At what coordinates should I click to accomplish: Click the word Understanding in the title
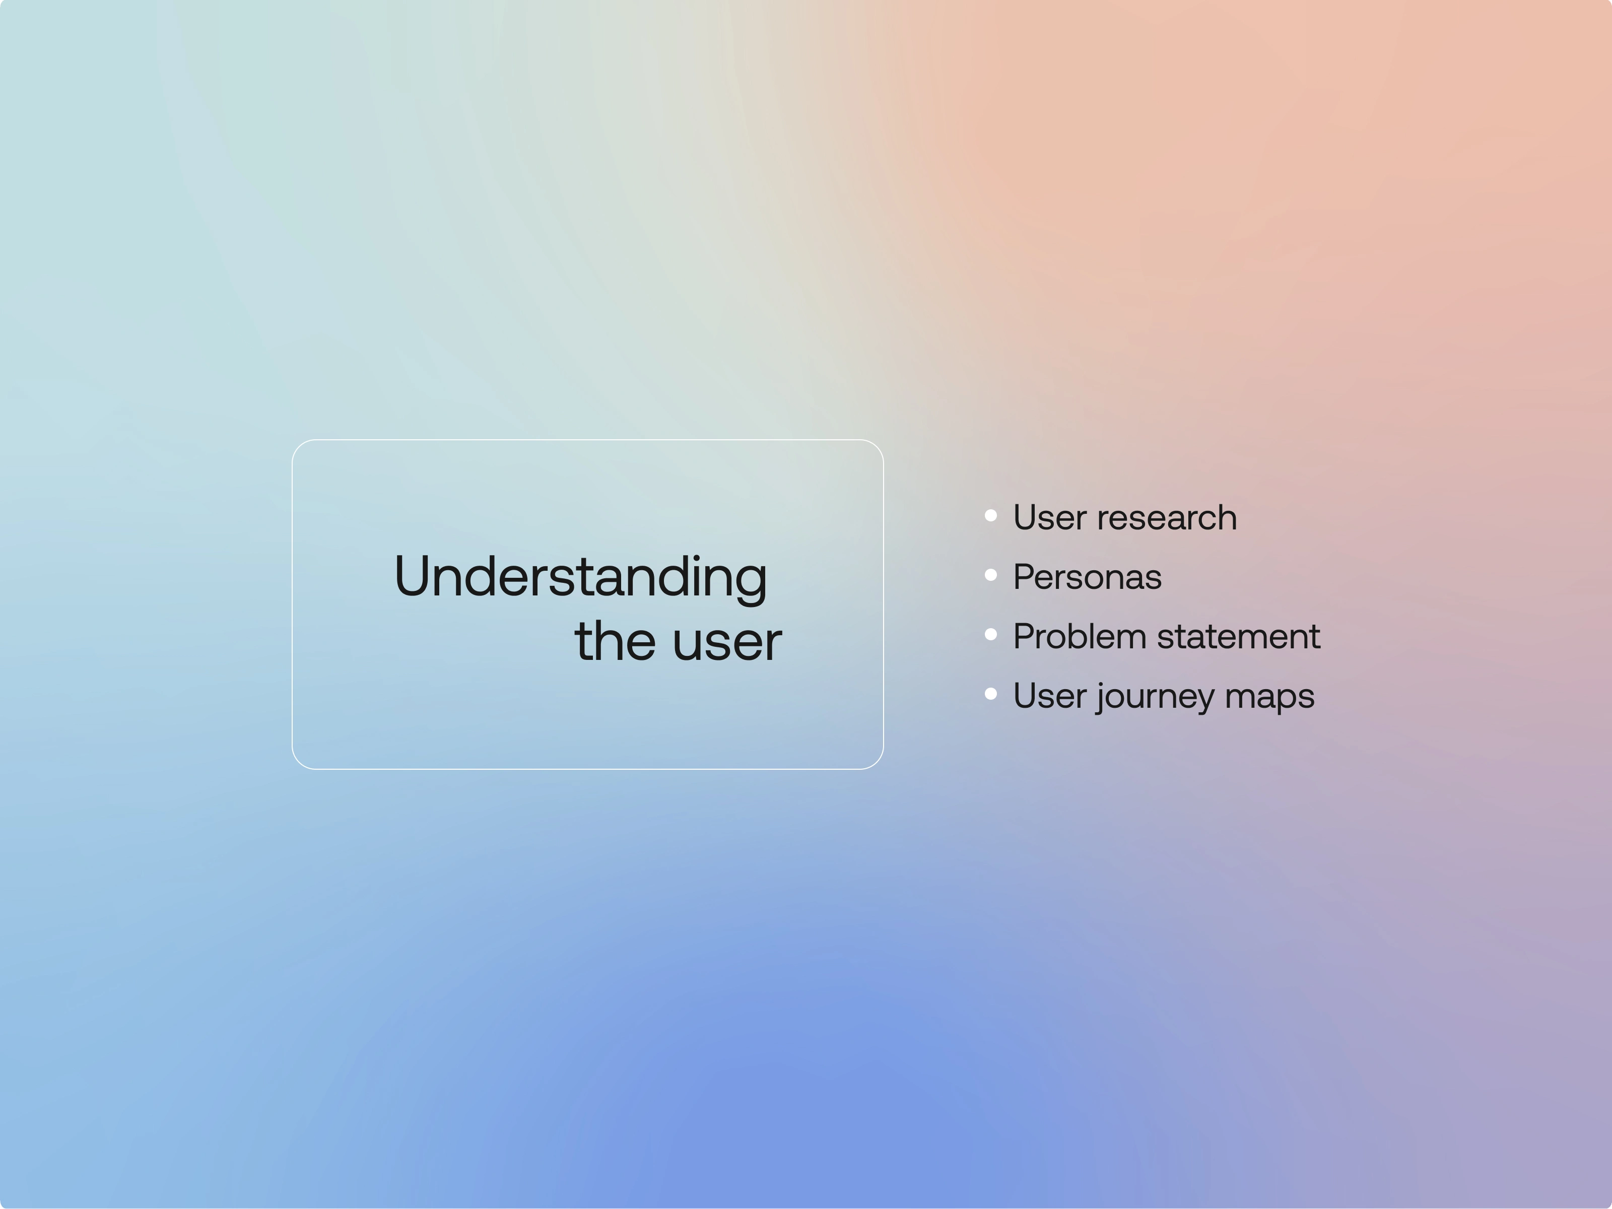581,577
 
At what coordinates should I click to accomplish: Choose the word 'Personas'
1087,577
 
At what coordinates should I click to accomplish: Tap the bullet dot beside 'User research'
991,516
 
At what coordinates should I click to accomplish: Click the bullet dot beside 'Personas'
991,575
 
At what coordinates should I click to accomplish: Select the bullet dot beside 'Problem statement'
991,635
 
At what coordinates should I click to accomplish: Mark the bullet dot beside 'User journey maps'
991,694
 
